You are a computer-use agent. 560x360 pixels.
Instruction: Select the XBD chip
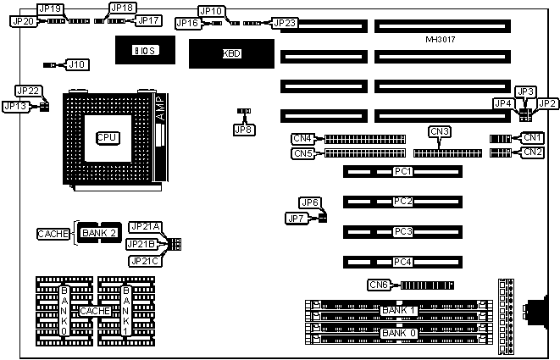[231, 53]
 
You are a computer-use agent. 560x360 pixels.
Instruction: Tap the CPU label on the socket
[107, 136]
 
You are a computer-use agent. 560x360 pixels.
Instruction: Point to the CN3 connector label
[440, 131]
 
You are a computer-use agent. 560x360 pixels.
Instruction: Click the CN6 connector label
[379, 285]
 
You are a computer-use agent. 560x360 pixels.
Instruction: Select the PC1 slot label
[403, 172]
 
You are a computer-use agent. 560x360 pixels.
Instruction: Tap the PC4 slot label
[403, 261]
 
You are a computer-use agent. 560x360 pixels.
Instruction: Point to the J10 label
[77, 64]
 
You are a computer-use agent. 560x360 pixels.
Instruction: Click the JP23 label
[285, 23]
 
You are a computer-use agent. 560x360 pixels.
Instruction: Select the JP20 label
[22, 21]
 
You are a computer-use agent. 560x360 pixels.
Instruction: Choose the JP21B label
[141, 244]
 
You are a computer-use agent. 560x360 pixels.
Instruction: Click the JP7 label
[296, 219]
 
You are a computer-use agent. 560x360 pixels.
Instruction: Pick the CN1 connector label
[532, 137]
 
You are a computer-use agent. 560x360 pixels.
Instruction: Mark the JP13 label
[15, 106]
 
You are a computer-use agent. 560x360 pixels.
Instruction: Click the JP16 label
[187, 23]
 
